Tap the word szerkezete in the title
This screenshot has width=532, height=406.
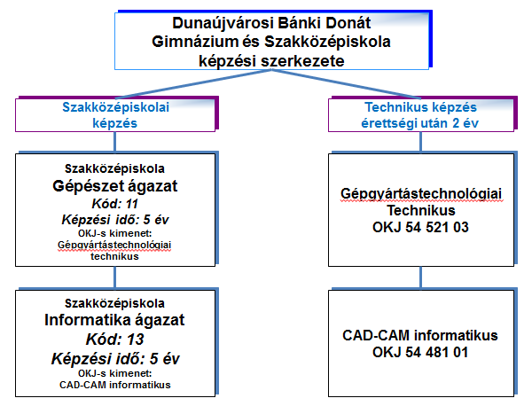[x=302, y=61]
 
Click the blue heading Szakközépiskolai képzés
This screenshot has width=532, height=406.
[x=115, y=115]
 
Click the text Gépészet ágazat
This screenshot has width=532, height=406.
[x=115, y=186]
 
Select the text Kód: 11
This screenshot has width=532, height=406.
[x=115, y=204]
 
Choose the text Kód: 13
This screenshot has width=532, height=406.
[x=115, y=340]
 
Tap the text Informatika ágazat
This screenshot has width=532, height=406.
[x=114, y=320]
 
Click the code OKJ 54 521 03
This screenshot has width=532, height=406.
[x=420, y=227]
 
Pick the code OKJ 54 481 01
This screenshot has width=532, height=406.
[x=420, y=352]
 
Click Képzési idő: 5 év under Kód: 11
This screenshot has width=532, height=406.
[x=115, y=220]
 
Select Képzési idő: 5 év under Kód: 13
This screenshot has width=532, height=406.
[x=115, y=359]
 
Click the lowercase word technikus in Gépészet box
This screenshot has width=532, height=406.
[x=114, y=256]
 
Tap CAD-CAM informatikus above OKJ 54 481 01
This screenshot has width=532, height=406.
[x=420, y=335]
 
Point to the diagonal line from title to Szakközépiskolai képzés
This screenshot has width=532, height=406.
[x=196, y=84]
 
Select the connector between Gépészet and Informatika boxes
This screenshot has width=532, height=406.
[x=115, y=277]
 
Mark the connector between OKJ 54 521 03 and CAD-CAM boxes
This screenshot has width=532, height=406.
[x=421, y=277]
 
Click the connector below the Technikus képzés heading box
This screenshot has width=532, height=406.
[x=421, y=142]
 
